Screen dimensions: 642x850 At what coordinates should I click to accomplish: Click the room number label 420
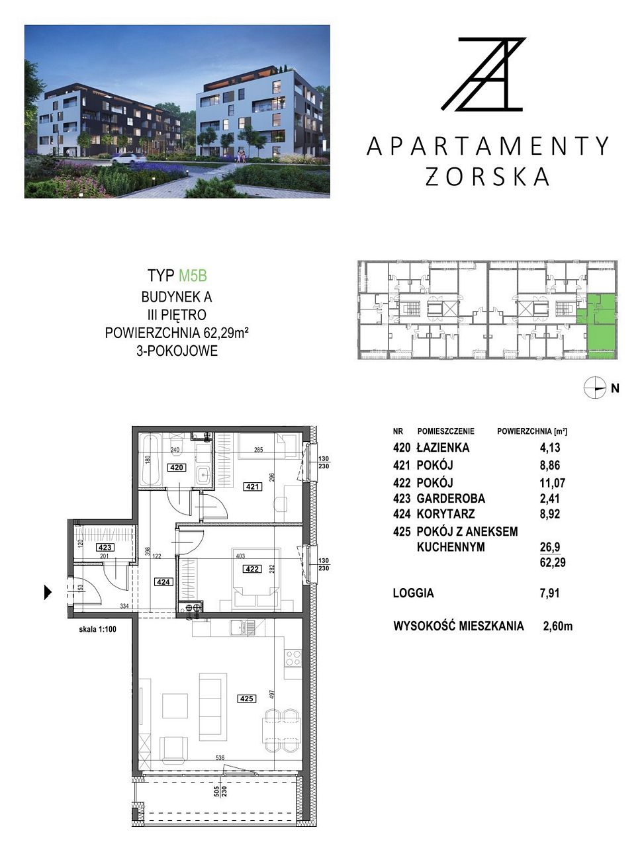click(x=176, y=468)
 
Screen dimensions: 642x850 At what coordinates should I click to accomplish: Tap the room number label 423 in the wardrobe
click(x=105, y=547)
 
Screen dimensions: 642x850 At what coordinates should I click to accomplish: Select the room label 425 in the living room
click(x=246, y=699)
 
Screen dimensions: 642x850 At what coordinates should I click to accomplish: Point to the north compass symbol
click(x=595, y=388)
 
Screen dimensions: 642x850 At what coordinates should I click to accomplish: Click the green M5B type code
click(x=193, y=276)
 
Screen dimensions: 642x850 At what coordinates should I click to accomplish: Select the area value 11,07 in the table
click(x=553, y=483)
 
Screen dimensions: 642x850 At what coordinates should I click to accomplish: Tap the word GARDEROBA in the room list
click(x=451, y=498)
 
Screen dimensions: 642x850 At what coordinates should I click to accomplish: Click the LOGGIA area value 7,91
click(x=550, y=593)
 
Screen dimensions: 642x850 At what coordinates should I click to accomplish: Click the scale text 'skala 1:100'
click(x=97, y=629)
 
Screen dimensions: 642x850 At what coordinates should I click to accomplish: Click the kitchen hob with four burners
click(x=293, y=656)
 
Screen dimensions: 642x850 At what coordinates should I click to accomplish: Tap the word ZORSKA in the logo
click(x=487, y=177)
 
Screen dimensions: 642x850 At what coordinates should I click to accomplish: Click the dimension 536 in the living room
click(x=220, y=757)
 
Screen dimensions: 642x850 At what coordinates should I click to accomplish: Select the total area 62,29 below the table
click(x=553, y=562)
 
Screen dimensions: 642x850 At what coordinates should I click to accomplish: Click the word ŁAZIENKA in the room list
click(x=443, y=448)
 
